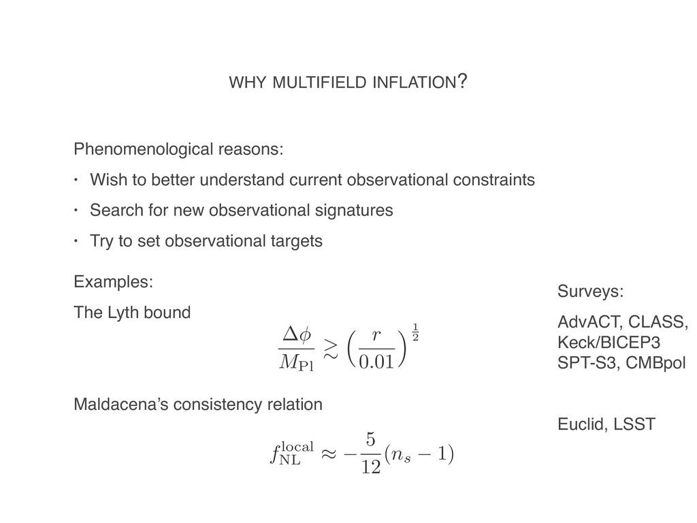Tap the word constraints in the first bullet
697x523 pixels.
tap(493, 180)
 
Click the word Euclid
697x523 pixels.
tap(579, 425)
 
